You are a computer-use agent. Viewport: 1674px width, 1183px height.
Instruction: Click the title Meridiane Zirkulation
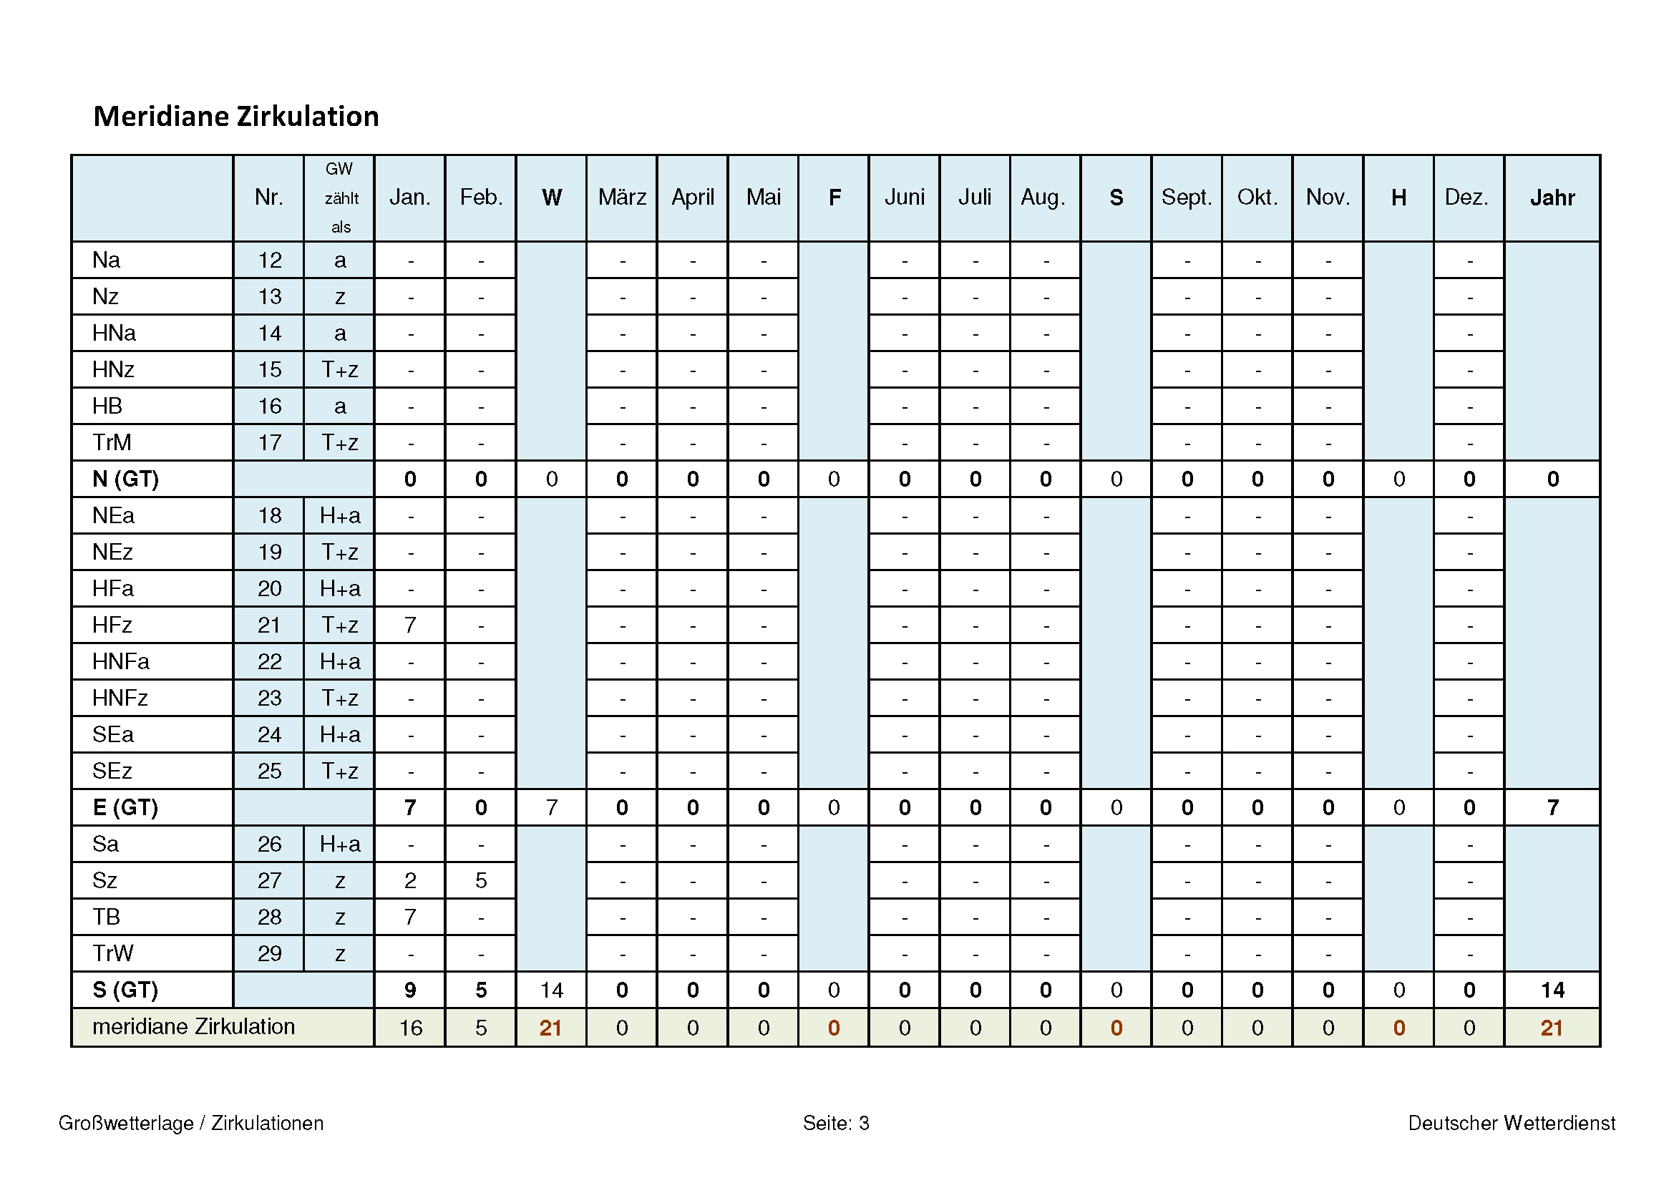pyautogui.click(x=235, y=117)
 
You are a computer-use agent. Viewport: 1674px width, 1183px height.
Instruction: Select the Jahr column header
pyautogui.click(x=1552, y=198)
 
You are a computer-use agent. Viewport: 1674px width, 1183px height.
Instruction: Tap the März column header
pyautogui.click(x=622, y=198)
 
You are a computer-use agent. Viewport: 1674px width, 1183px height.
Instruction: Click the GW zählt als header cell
pyautogui.click(x=339, y=198)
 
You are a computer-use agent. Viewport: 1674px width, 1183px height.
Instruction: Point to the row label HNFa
pyautogui.click(x=121, y=662)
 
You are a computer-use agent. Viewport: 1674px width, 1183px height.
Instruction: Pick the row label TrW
pyautogui.click(x=113, y=953)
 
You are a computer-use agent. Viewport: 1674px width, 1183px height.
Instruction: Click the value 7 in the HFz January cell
pyautogui.click(x=410, y=625)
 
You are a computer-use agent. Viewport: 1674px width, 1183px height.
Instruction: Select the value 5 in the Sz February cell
pyautogui.click(x=480, y=880)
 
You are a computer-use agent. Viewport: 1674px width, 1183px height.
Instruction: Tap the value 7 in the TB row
pyautogui.click(x=410, y=917)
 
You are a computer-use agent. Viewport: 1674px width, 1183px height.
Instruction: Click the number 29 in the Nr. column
pyautogui.click(x=269, y=953)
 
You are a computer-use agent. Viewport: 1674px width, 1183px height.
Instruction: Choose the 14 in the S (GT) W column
pyautogui.click(x=551, y=990)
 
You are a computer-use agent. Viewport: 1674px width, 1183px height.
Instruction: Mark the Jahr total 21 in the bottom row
pyautogui.click(x=1552, y=1028)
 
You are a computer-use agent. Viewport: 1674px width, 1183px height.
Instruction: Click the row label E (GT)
pyautogui.click(x=125, y=807)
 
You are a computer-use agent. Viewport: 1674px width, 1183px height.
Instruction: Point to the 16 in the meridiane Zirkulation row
pyautogui.click(x=411, y=1028)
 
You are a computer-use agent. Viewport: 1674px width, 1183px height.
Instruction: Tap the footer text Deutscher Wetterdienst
pyautogui.click(x=1512, y=1123)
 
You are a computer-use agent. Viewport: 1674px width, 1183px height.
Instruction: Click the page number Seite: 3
pyautogui.click(x=836, y=1123)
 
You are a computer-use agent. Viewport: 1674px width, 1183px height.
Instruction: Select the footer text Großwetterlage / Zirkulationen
pyautogui.click(x=191, y=1123)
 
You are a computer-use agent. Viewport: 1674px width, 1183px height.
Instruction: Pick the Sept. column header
pyautogui.click(x=1186, y=198)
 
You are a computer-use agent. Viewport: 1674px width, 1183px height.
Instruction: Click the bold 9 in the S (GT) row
pyautogui.click(x=410, y=990)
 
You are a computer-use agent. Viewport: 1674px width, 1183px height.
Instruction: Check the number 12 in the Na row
pyautogui.click(x=269, y=261)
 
